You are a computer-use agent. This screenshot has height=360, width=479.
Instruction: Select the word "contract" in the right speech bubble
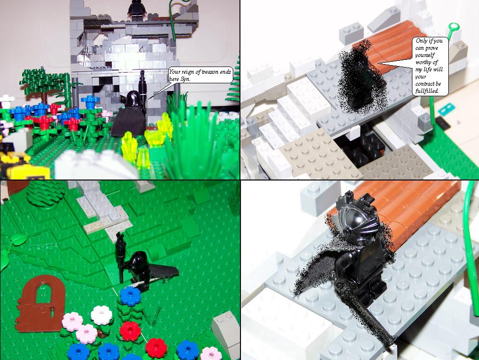click(424, 84)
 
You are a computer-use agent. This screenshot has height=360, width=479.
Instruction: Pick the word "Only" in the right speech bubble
click(421, 41)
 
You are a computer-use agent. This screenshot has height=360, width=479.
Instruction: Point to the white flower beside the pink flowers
click(102, 315)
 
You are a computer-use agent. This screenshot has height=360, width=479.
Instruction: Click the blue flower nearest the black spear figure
click(130, 296)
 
